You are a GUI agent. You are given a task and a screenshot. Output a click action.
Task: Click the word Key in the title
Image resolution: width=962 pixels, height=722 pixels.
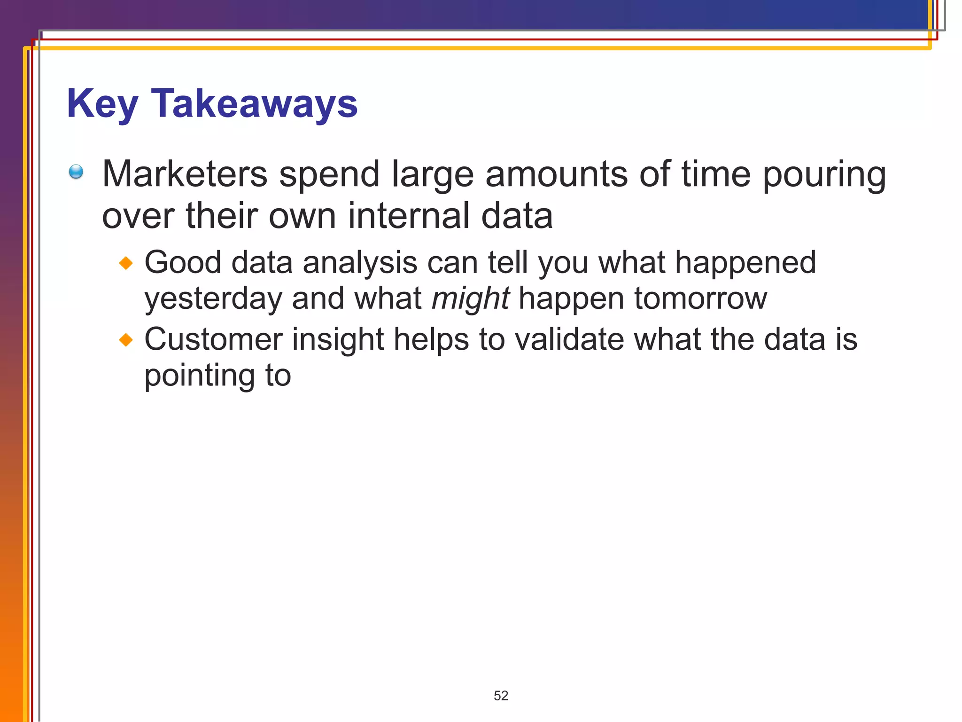102,104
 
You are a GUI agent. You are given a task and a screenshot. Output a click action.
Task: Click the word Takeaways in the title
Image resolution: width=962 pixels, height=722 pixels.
254,104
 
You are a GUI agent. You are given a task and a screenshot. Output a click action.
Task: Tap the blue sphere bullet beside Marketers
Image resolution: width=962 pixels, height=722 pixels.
76,172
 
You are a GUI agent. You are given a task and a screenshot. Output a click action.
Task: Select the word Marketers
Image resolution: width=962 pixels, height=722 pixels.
185,174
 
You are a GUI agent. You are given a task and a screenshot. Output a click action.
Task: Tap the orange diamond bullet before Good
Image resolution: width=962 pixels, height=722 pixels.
126,263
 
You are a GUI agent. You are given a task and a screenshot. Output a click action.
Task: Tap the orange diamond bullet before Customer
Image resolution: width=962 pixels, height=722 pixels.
126,339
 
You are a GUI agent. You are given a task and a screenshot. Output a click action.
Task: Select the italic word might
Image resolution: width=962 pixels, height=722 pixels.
470,299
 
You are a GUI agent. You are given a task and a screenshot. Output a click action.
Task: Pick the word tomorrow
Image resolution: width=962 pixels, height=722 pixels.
700,298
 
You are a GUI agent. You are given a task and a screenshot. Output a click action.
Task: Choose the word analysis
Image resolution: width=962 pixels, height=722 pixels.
360,263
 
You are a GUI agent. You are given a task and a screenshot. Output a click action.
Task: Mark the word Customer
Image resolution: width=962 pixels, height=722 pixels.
213,339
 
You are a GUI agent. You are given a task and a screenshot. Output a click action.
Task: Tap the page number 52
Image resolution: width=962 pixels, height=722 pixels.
501,696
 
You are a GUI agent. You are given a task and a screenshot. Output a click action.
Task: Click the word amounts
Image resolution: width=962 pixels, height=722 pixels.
556,174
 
